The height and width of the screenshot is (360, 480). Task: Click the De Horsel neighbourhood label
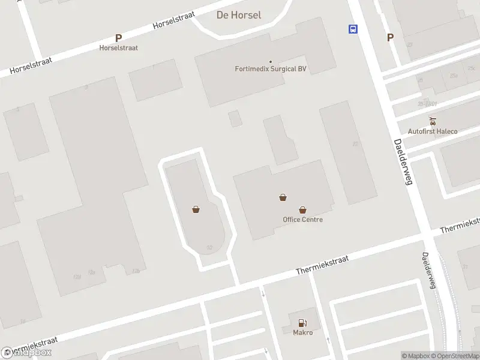(x=238, y=15)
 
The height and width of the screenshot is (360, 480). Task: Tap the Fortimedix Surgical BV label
(x=271, y=69)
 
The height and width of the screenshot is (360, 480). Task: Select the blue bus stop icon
(x=353, y=29)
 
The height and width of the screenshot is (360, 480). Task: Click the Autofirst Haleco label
(x=432, y=131)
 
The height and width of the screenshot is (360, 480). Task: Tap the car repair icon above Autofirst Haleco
(x=432, y=121)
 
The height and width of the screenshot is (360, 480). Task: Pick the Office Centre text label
(x=302, y=220)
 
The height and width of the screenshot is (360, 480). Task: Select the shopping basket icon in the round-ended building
(x=196, y=209)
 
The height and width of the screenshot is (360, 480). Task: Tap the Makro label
(x=302, y=332)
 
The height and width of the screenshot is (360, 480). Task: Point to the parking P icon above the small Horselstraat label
(x=118, y=38)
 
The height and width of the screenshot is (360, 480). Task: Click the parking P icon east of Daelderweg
(x=390, y=37)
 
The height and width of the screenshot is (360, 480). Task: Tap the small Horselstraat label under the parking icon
(x=118, y=47)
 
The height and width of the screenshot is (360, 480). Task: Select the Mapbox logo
(x=26, y=352)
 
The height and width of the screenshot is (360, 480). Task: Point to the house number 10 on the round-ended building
(x=209, y=247)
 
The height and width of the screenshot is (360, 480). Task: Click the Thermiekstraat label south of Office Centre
(x=322, y=263)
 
